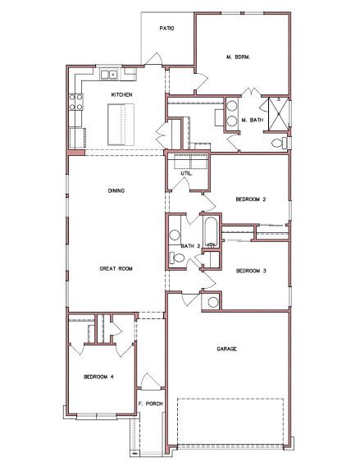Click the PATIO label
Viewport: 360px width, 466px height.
pos(167,28)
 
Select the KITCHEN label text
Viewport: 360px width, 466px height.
pos(122,95)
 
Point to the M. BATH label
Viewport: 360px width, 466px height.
pos(250,120)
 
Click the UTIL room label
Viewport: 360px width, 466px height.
pos(186,173)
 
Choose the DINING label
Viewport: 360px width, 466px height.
pos(116,191)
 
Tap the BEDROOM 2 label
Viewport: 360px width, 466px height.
pos(250,199)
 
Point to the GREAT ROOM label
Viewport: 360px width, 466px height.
pos(116,268)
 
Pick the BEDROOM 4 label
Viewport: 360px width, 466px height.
pos(98,377)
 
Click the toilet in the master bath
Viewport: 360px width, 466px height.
pos(276,143)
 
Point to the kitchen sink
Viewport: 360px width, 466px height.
pos(112,75)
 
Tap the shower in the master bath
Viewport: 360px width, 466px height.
pos(278,114)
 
